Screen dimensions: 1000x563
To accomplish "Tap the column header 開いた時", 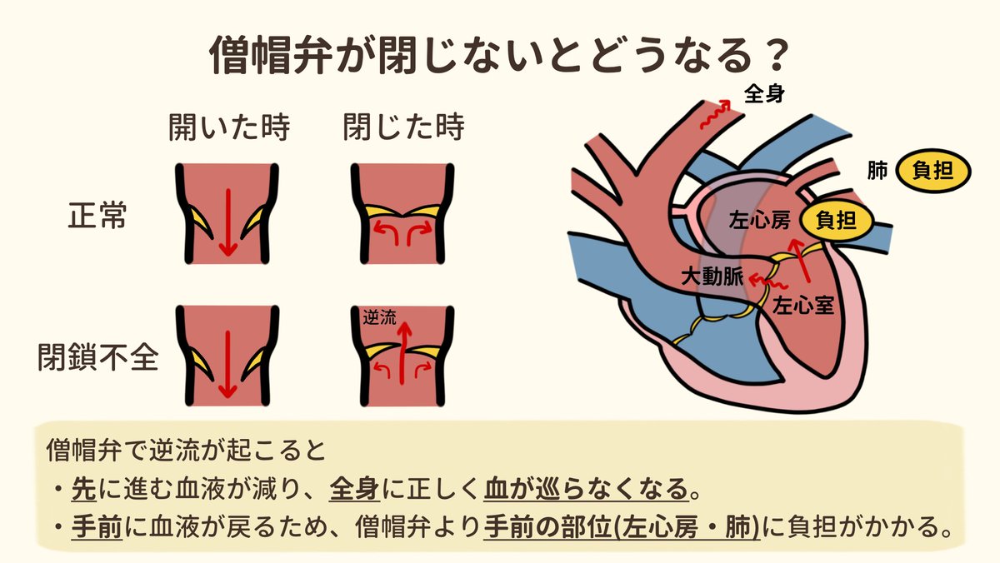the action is point(228,129).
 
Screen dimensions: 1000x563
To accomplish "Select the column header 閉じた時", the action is point(403,129).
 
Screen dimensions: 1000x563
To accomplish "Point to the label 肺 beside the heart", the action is point(877,172).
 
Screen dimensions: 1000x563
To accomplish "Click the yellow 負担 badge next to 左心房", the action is point(836,221).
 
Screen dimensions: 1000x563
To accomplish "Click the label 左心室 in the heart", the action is point(803,304).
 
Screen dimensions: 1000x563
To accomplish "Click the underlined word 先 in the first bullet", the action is point(82,488).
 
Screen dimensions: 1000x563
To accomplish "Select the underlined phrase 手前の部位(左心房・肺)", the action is point(622,528).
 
